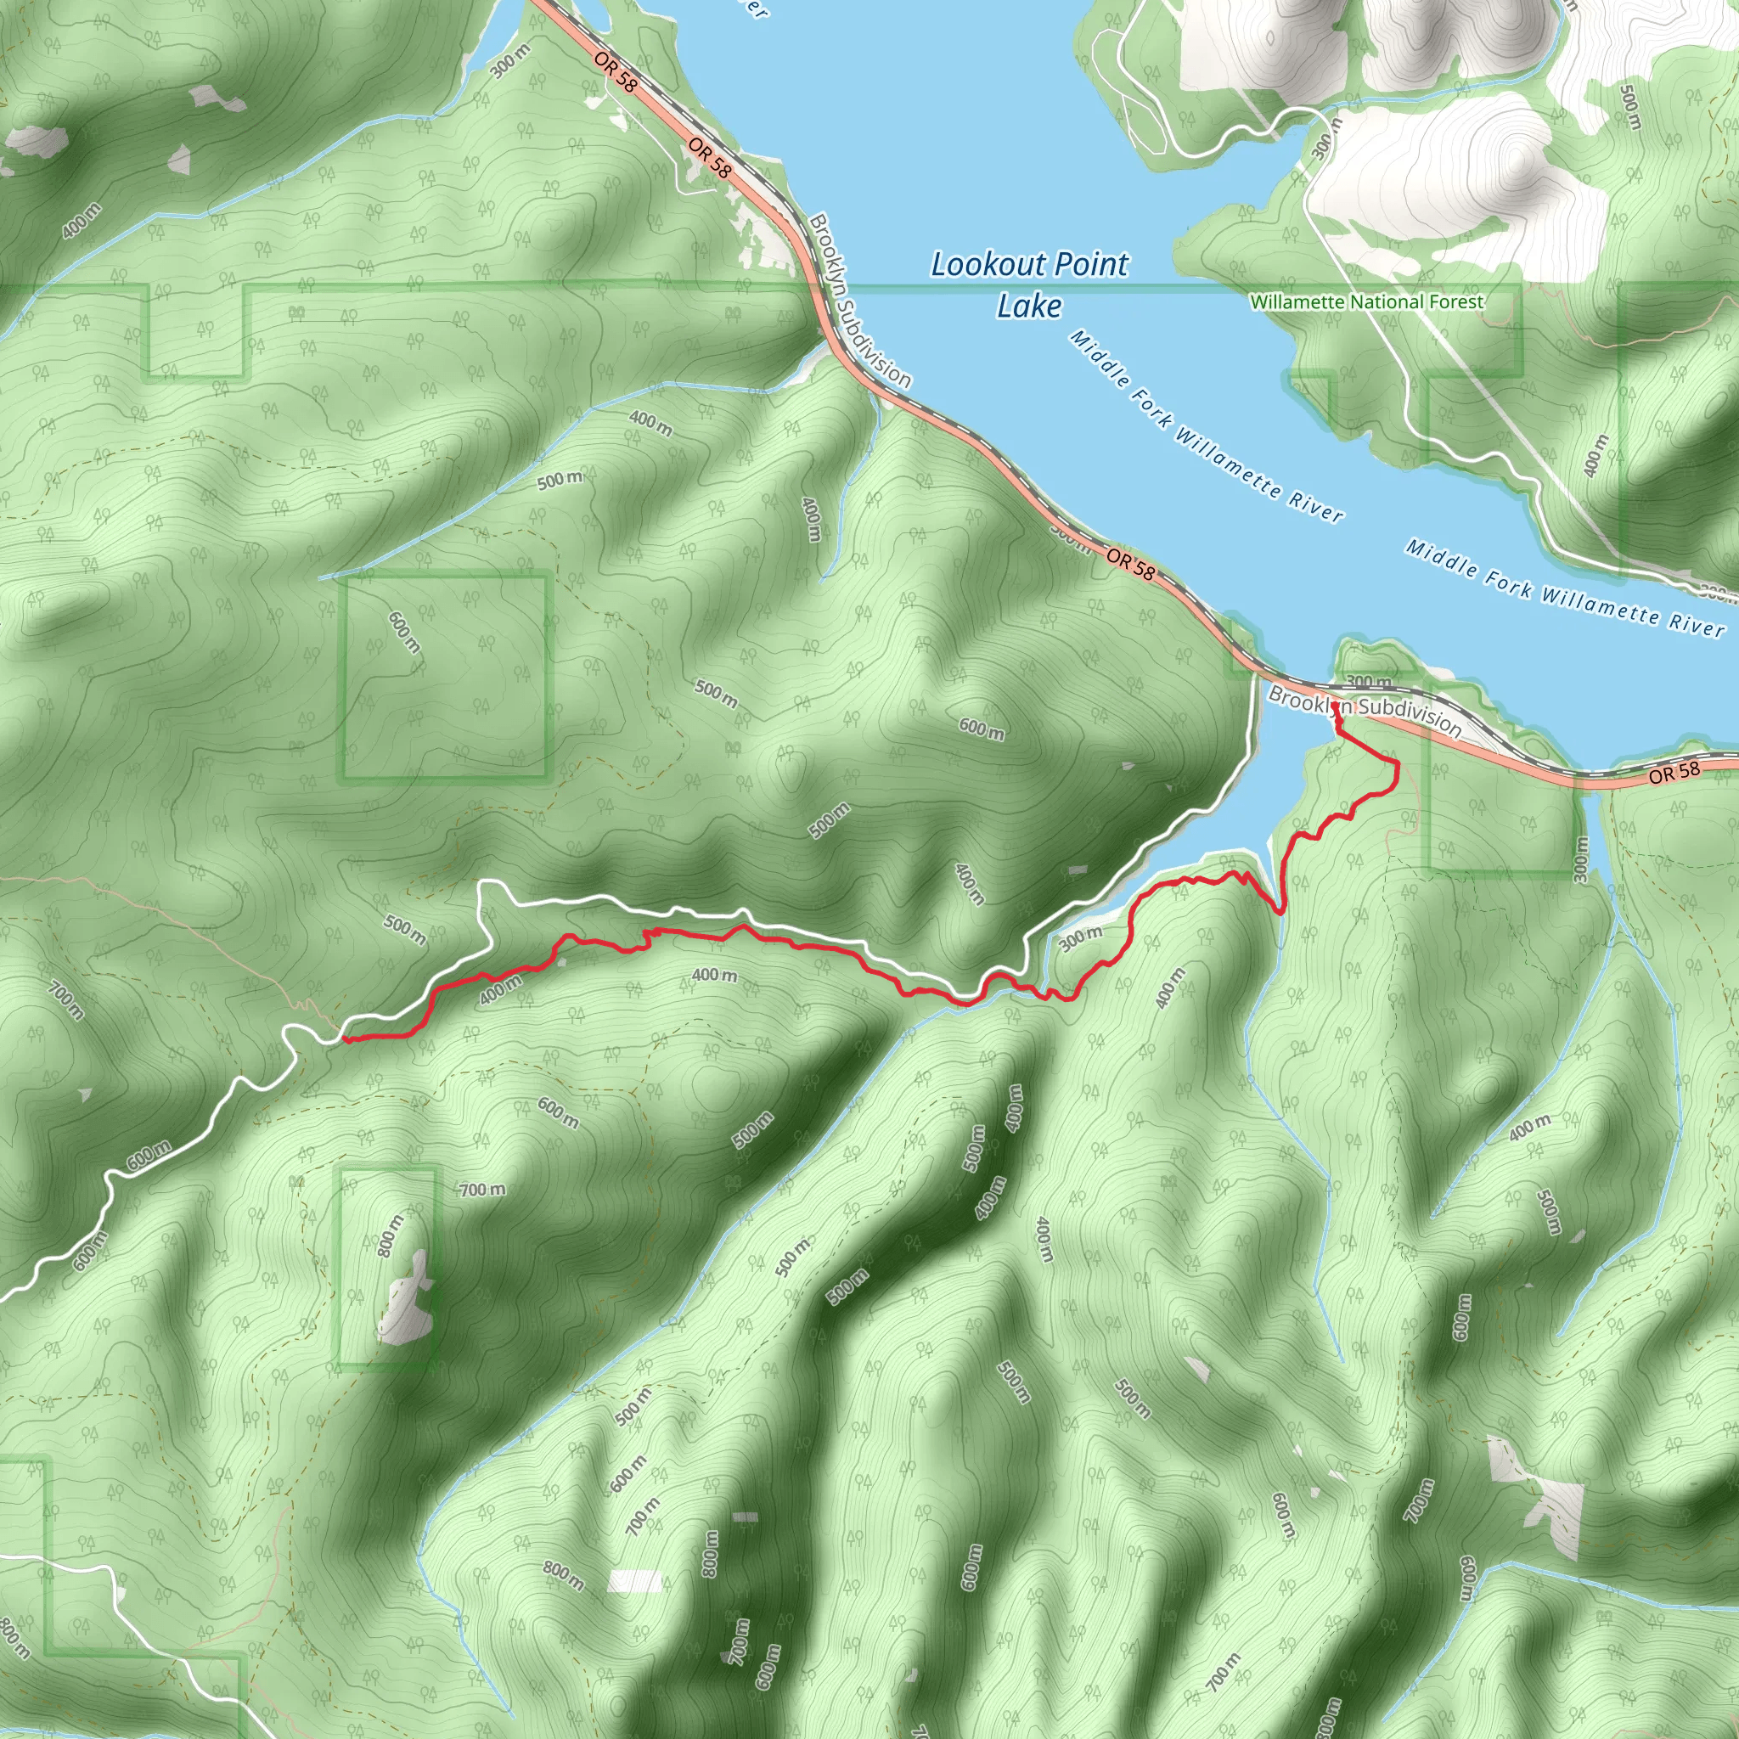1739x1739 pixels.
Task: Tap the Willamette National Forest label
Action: [x=1366, y=302]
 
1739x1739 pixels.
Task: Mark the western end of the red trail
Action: [x=344, y=1039]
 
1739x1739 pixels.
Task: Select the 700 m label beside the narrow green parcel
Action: [x=482, y=1190]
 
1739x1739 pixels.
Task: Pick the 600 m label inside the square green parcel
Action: [x=404, y=632]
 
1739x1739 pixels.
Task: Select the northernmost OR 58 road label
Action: [x=616, y=72]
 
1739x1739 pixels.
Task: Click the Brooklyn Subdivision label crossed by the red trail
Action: [x=1365, y=709]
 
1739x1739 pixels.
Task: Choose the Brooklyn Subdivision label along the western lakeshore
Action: [x=859, y=300]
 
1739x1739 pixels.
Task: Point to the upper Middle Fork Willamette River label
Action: [x=1206, y=425]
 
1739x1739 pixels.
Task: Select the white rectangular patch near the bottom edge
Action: [x=635, y=1581]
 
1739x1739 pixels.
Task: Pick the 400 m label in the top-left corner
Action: [x=82, y=221]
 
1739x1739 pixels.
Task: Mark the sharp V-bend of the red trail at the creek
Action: [x=1280, y=912]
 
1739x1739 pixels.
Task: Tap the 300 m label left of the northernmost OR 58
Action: [x=510, y=60]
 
